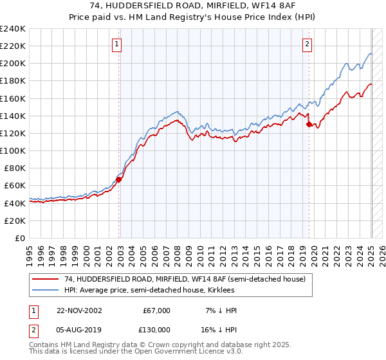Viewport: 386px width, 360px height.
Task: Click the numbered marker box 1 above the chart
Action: (116, 44)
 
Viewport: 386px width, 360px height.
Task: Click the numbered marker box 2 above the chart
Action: (307, 44)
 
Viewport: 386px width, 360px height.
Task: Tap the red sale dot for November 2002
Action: (119, 179)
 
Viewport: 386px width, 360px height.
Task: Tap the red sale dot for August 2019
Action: (309, 125)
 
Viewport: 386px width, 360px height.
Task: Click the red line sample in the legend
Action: (46, 278)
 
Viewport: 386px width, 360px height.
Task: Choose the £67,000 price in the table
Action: (157, 310)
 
